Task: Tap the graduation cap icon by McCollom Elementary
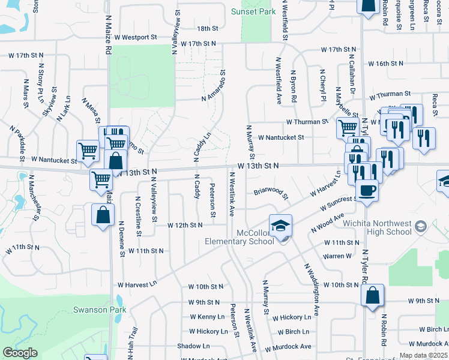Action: pyautogui.click(x=280, y=226)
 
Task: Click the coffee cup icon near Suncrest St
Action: pyautogui.click(x=367, y=190)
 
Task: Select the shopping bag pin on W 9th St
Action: pyautogui.click(x=373, y=295)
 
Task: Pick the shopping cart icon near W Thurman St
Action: pyautogui.click(x=347, y=127)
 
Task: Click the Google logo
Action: pyautogui.click(x=20, y=353)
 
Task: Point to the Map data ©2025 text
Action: pyautogui.click(x=423, y=355)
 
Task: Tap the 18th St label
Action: pyautogui.click(x=207, y=28)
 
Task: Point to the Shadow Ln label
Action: pyautogui.click(x=193, y=346)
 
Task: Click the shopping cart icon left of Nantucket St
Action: pyautogui.click(x=88, y=150)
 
